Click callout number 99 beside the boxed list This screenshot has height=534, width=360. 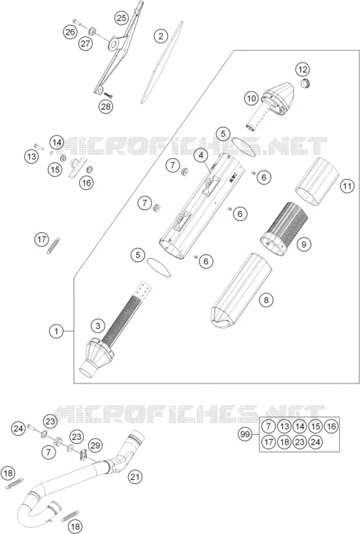click(x=245, y=434)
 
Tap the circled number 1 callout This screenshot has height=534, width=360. click(x=56, y=331)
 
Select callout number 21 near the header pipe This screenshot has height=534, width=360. click(x=135, y=477)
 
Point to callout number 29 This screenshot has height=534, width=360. click(x=95, y=445)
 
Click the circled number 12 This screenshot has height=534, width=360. click(x=302, y=70)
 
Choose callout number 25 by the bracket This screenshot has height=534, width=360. click(x=121, y=18)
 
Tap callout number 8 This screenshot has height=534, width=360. click(x=266, y=300)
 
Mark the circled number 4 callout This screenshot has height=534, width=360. click(x=201, y=155)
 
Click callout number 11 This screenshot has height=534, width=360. click(x=347, y=186)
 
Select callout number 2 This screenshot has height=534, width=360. click(x=161, y=35)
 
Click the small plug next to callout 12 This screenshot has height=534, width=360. click(x=305, y=83)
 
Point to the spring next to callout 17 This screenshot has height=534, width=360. click(x=53, y=246)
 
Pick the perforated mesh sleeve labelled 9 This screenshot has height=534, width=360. click(x=284, y=229)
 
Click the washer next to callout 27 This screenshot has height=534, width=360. click(x=92, y=32)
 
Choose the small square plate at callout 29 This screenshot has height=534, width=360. click(x=83, y=456)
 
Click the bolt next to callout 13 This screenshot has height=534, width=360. click(x=39, y=147)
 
